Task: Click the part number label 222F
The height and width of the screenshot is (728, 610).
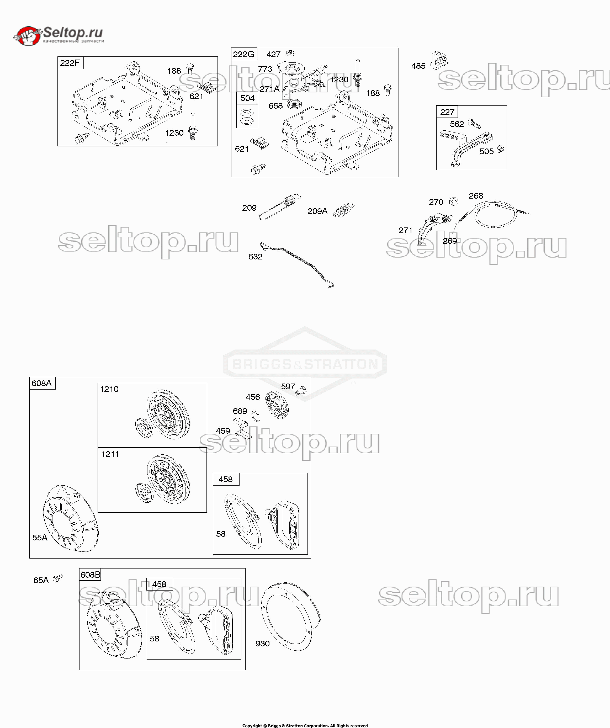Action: (70, 63)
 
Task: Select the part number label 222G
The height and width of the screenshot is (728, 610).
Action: (243, 54)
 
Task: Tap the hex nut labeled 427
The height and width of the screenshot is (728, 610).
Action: (290, 54)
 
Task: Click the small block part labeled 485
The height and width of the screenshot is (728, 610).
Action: (439, 60)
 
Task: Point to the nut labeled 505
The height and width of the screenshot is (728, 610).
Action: (500, 150)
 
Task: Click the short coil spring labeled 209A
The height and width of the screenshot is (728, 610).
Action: (344, 210)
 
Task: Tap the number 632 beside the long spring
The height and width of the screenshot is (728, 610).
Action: (255, 257)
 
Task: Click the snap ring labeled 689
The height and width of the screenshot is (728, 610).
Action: (256, 416)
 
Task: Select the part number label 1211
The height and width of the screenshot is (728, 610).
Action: (110, 454)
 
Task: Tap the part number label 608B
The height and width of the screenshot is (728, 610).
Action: (90, 575)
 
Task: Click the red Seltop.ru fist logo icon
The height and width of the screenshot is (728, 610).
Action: (28, 36)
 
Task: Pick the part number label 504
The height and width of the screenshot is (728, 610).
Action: (247, 98)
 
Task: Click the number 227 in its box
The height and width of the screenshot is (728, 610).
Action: (447, 112)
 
